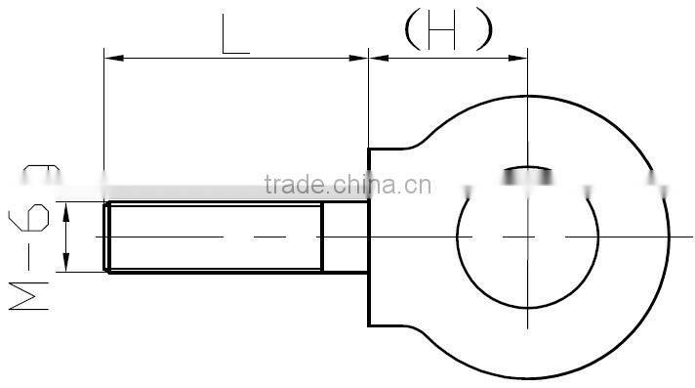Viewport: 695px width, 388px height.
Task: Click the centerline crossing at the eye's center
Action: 528,237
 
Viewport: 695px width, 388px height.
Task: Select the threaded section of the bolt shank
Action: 215,237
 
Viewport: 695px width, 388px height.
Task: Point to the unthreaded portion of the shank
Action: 345,237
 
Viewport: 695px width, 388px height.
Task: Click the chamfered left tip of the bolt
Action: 106,237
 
